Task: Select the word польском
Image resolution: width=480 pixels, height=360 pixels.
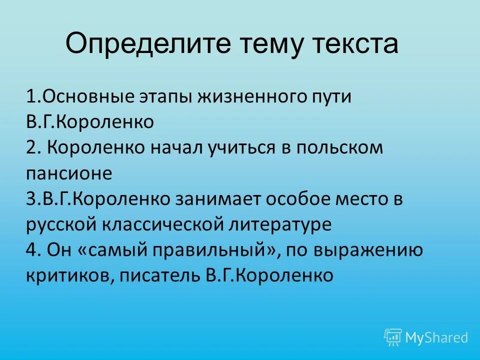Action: pos(340,148)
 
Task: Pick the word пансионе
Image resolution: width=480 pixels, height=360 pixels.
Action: pos(69,173)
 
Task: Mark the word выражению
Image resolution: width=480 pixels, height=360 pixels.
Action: pos(368,250)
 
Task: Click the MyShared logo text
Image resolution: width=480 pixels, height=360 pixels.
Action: pos(436,337)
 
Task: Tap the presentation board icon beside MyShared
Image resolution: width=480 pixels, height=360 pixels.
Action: pos(393,337)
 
